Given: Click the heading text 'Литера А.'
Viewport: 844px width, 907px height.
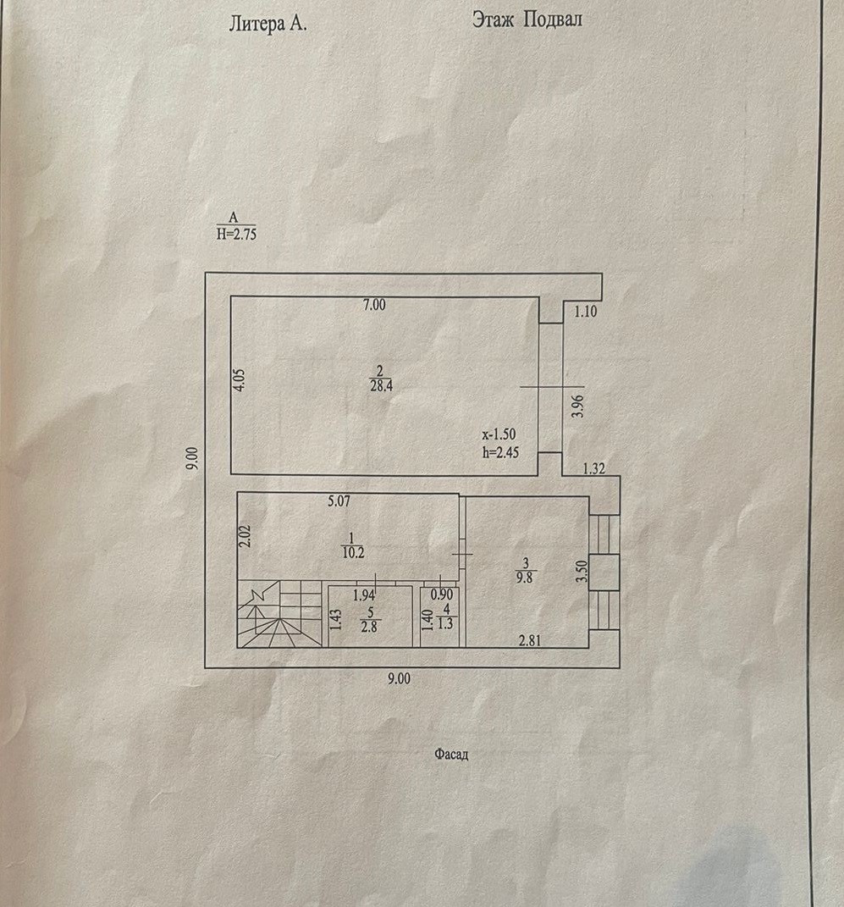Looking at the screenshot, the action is pos(268,24).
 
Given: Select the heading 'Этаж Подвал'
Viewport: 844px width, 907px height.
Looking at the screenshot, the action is pos(527,21).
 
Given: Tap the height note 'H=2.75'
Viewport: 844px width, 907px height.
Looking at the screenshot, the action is pos(236,235).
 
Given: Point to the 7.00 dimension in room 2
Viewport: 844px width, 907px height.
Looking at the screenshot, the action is pos(373,306).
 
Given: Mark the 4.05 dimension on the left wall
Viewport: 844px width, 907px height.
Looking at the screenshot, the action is pos(240,377).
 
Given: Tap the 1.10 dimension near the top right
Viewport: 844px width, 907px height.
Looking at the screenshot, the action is pos(586,312).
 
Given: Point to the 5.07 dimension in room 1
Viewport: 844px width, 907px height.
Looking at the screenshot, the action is pos(339,501).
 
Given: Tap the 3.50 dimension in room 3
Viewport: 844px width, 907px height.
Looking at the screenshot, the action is pos(582,572).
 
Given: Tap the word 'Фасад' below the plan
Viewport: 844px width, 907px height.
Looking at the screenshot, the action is pos(451,755).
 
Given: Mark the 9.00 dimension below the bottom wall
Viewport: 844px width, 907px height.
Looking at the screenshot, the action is pos(398,677).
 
